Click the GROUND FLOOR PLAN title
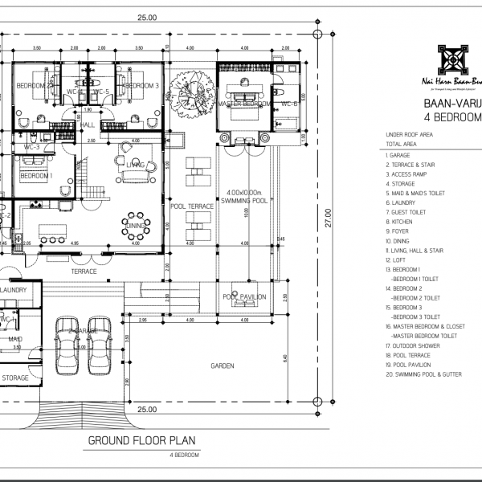[x=143, y=441]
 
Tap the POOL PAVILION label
[x=243, y=296]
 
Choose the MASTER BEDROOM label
[x=244, y=104]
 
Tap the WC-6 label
[x=289, y=104]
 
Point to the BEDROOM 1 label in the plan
[x=36, y=176]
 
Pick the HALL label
[x=87, y=125]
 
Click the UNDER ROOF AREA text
[x=411, y=135]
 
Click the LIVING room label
[x=135, y=165]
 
